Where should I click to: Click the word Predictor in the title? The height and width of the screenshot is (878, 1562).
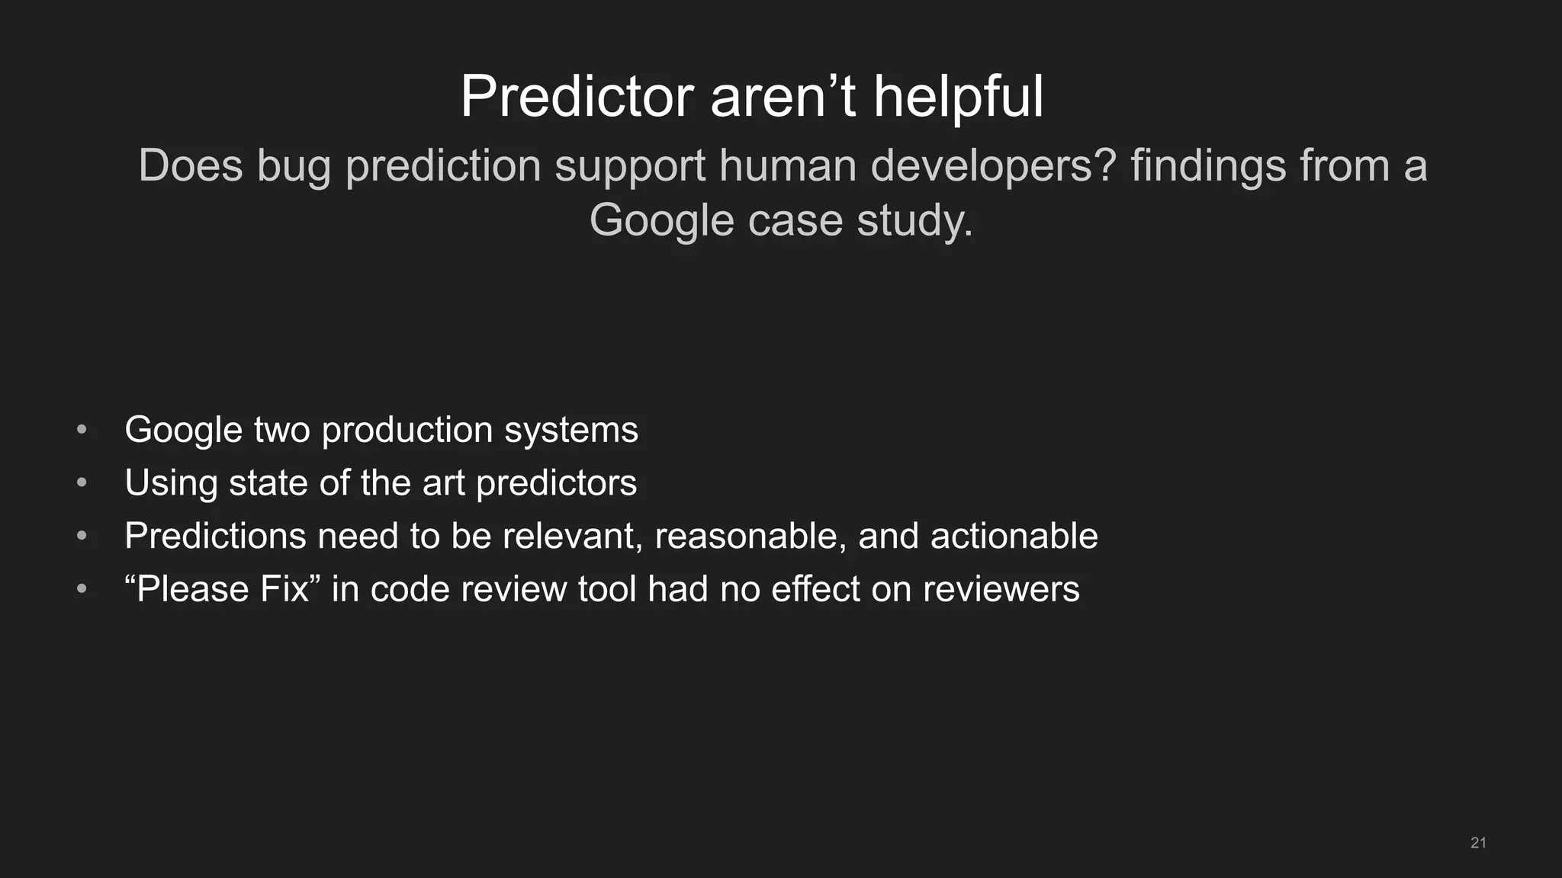577,98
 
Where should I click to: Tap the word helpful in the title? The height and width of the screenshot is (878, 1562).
958,98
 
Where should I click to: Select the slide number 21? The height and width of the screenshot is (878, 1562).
1478,842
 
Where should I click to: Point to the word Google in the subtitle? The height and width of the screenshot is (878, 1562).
661,221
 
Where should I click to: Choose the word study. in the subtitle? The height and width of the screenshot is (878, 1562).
914,221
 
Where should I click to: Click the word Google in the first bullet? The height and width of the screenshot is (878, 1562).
184,431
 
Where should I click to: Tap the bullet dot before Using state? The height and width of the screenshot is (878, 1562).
82,482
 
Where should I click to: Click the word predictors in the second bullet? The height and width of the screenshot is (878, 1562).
556,483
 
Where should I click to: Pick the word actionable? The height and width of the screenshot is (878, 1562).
1014,536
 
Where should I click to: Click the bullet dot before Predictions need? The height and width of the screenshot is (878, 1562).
82,536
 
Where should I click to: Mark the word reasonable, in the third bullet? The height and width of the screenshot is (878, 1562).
750,536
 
